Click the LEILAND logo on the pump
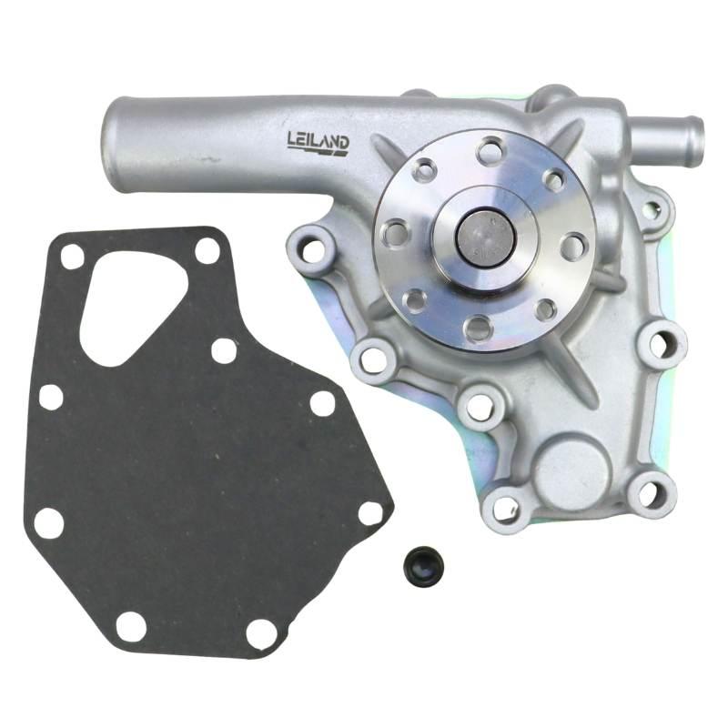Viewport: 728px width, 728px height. pyautogui.click(x=318, y=142)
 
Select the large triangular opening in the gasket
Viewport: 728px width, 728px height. pyautogui.click(x=133, y=306)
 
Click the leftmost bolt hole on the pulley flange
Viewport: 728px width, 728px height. pyautogui.click(x=397, y=231)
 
